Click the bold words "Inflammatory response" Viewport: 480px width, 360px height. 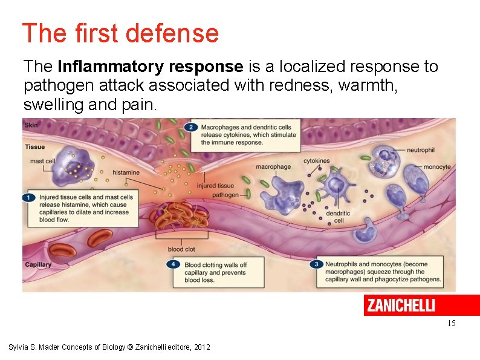click(x=150, y=66)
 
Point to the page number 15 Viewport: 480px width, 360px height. click(x=451, y=324)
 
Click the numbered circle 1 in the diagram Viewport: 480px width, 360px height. click(x=29, y=197)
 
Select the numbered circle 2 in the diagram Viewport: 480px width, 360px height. click(x=191, y=127)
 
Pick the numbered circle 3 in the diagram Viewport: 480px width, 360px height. click(x=316, y=264)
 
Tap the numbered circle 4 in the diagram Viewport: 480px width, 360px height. click(x=175, y=264)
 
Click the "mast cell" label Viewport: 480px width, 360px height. click(x=42, y=161)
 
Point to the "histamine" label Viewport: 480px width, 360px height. click(x=126, y=173)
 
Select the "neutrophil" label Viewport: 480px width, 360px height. click(x=421, y=149)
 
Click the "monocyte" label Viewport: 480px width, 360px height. click(x=436, y=167)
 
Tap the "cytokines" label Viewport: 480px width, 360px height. click(x=317, y=161)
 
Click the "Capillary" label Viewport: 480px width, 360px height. click(x=38, y=264)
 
